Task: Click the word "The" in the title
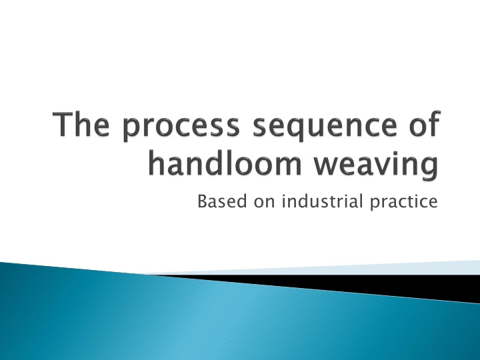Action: [81, 124]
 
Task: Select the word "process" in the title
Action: [181, 128]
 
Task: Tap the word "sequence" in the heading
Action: [325, 128]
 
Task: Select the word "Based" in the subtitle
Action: [222, 201]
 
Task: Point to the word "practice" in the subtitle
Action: [404, 203]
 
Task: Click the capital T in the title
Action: [63, 124]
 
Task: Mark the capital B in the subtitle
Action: [203, 201]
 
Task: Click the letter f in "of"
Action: [434, 123]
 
